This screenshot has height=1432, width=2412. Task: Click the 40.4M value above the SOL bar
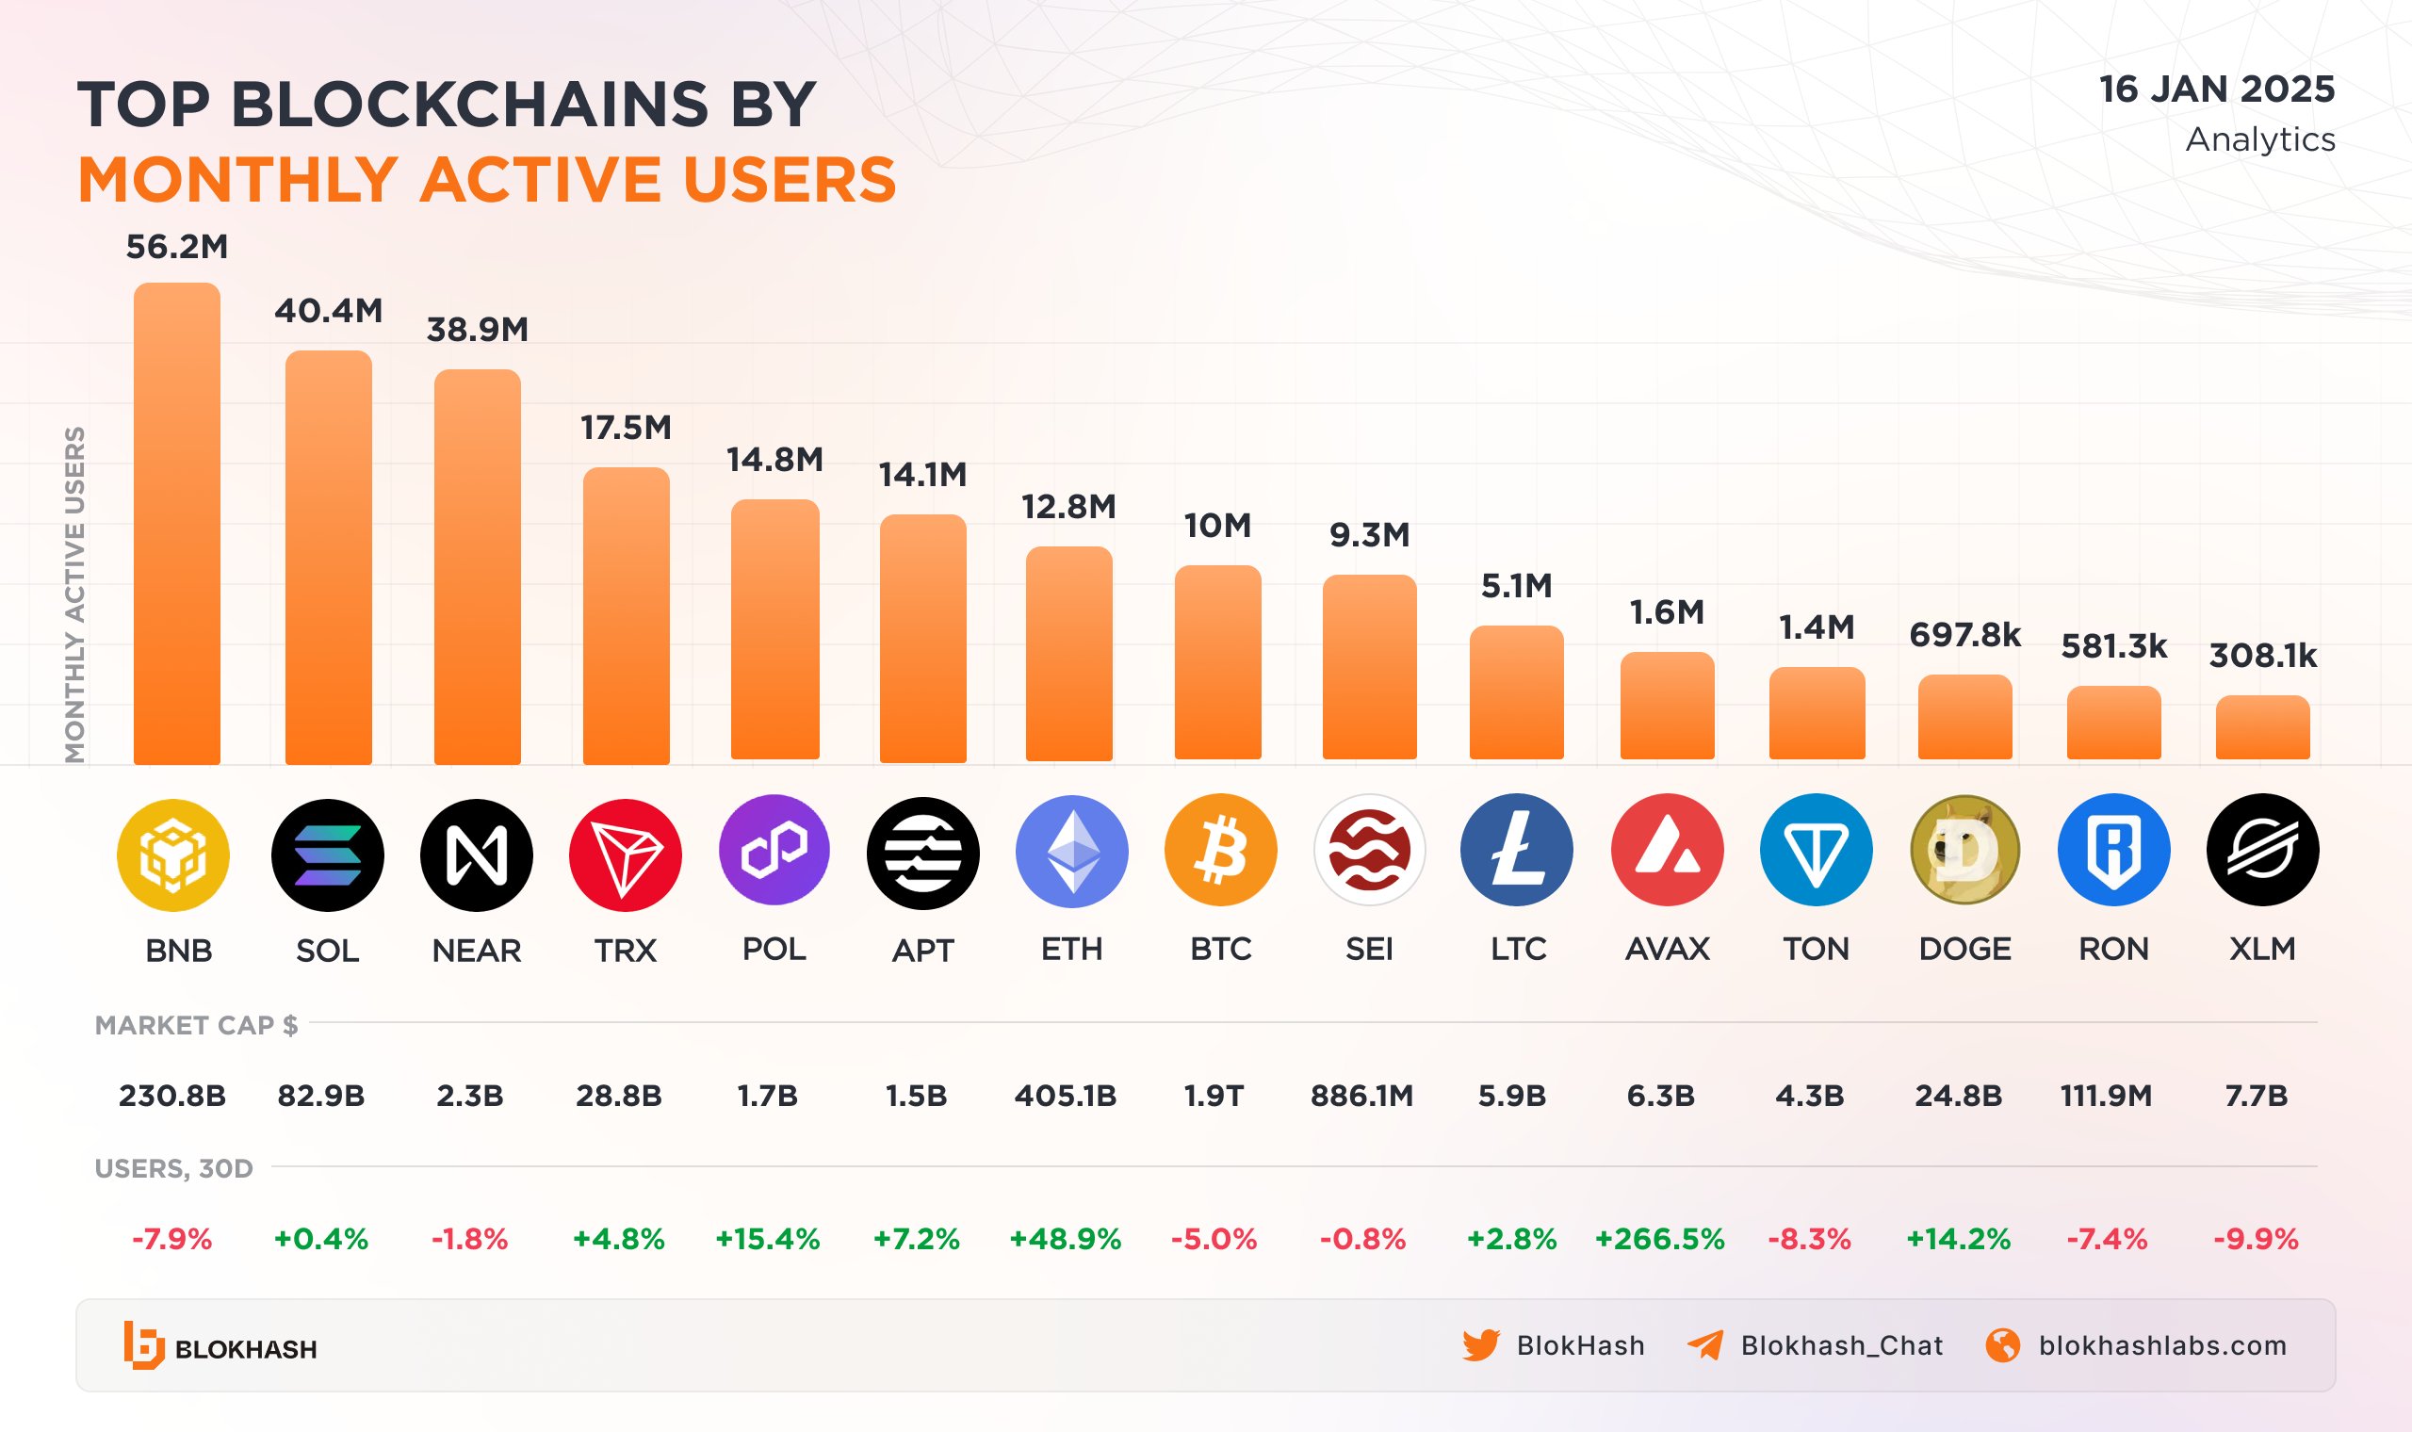[x=328, y=311]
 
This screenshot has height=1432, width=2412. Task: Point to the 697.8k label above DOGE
[x=1964, y=635]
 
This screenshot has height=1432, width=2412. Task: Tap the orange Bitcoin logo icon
[x=1219, y=850]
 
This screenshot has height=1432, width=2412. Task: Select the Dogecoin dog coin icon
[x=1964, y=850]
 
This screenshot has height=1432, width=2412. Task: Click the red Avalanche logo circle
[x=1666, y=850]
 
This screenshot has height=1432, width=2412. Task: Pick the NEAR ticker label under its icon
[x=477, y=951]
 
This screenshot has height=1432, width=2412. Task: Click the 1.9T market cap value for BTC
[x=1213, y=1097]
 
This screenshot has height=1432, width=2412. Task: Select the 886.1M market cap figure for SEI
[x=1361, y=1097]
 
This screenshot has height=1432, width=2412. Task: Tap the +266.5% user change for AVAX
[x=1659, y=1239]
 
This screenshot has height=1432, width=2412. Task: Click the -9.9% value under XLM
[x=2255, y=1239]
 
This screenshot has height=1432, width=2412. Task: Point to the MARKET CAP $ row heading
[x=196, y=1026]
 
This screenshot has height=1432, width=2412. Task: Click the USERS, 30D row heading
[x=173, y=1168]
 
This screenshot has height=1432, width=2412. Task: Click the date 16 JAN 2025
[x=2216, y=89]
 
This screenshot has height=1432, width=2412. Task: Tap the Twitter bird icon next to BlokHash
[x=1480, y=1345]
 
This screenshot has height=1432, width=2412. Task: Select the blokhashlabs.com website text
[x=2162, y=1345]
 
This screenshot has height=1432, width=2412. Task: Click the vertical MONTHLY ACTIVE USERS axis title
[x=74, y=594]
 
